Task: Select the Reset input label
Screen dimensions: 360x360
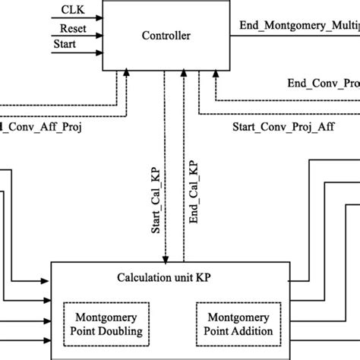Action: [73, 29]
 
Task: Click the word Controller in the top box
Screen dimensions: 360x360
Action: [165, 35]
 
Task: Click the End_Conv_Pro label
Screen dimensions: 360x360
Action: [323, 83]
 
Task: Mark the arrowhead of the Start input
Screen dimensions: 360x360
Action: [103, 52]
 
